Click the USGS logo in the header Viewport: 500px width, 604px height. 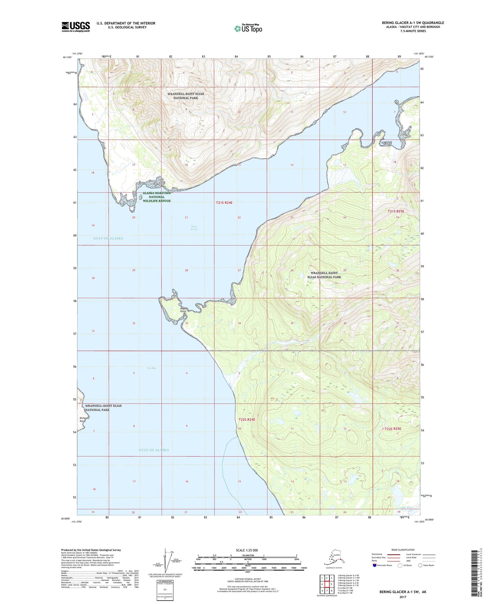76,27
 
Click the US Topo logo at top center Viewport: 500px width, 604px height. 248,28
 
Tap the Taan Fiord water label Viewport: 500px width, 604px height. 194,228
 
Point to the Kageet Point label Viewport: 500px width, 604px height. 183,310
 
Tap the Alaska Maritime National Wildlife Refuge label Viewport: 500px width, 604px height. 157,197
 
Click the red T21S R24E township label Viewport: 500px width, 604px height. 224,203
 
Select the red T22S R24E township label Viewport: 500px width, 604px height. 247,420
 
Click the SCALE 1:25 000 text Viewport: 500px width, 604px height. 247,550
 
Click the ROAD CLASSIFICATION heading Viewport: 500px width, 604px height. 403,550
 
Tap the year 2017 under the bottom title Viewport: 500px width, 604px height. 403,597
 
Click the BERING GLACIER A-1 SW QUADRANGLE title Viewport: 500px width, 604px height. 413,23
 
